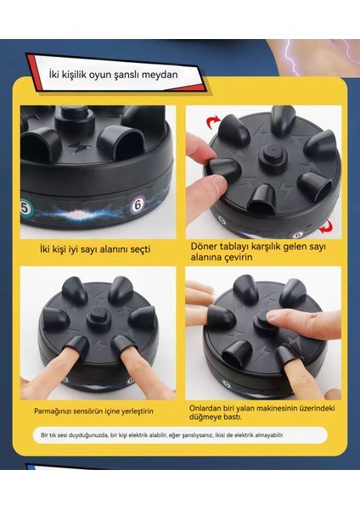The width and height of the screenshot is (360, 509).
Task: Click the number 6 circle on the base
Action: coord(138,205)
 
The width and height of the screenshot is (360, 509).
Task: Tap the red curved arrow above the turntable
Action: coord(213,124)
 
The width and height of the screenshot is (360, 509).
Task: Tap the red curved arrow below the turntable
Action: coord(325,227)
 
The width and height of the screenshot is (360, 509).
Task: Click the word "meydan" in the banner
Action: coord(160,75)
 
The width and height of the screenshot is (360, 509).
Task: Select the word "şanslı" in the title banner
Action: coord(127,75)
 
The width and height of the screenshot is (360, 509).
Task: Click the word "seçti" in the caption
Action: coord(140,249)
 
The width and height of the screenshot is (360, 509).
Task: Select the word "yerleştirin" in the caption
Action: coord(137,411)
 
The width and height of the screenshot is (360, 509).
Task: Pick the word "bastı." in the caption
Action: coord(233,417)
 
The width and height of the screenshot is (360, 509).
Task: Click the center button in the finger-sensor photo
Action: coord(98,316)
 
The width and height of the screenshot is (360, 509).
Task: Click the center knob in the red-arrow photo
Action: coord(272,154)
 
